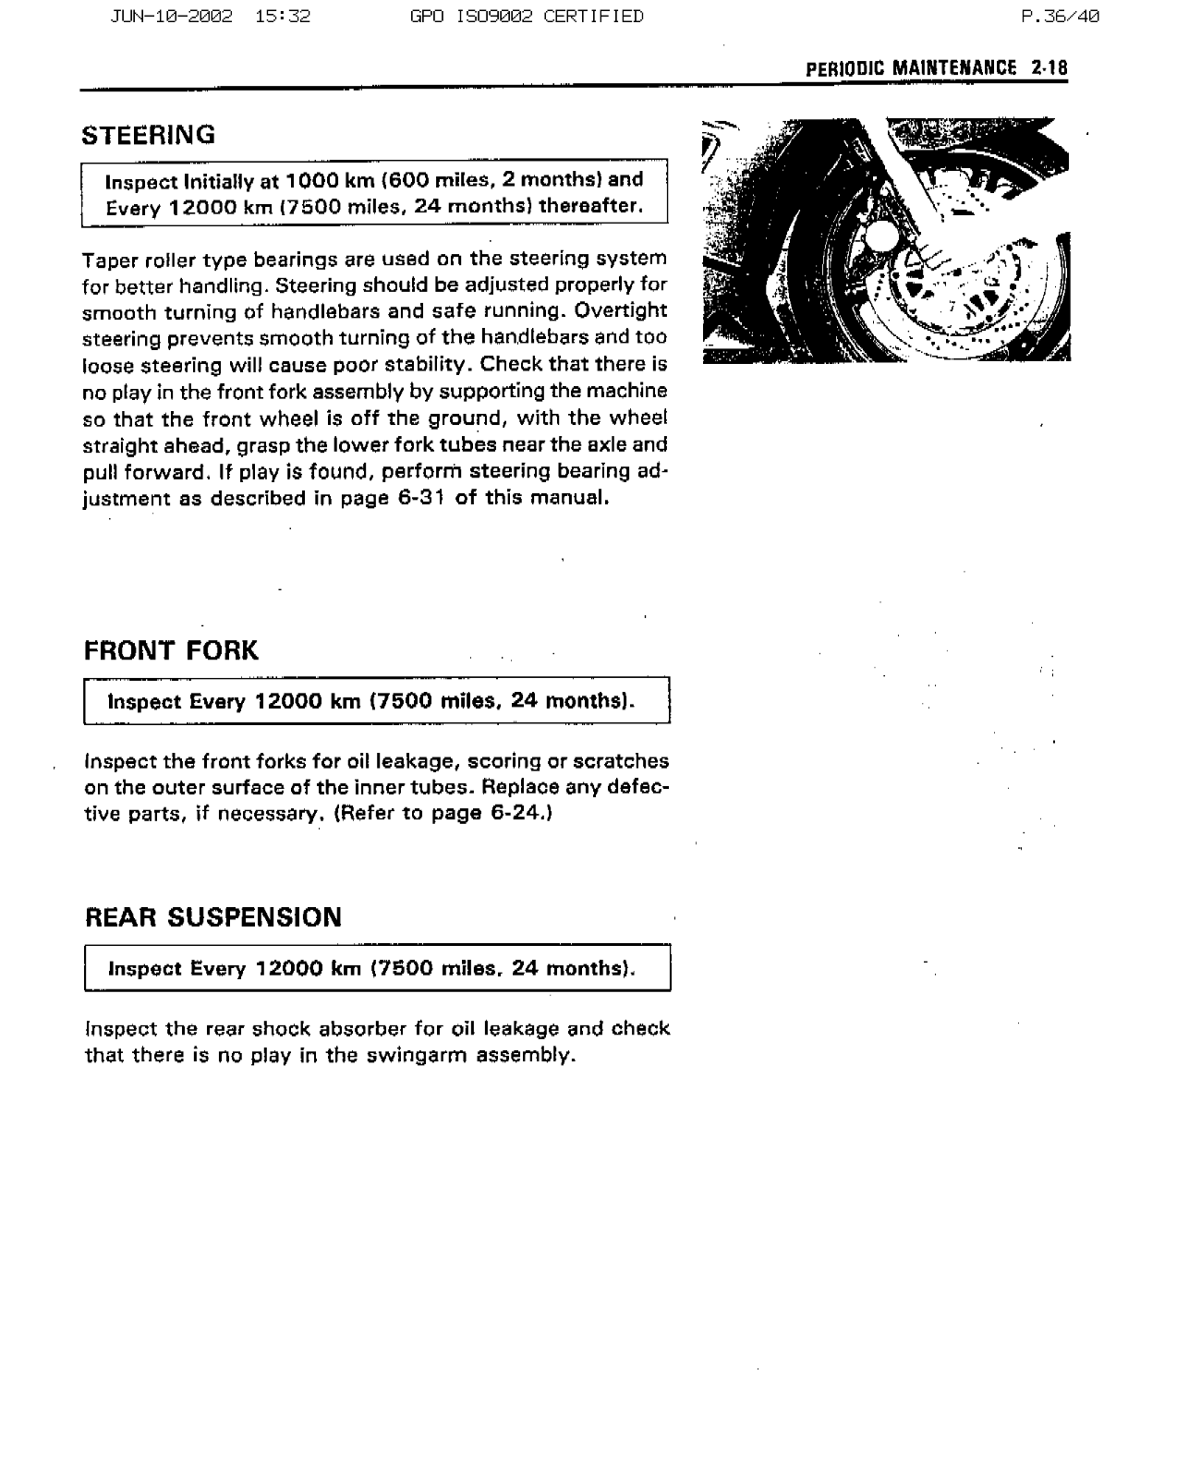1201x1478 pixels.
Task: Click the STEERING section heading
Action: (x=149, y=136)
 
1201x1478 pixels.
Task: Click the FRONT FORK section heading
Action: (x=172, y=651)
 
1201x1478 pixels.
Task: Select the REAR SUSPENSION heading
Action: (x=213, y=918)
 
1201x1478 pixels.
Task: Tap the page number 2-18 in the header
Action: (x=1050, y=68)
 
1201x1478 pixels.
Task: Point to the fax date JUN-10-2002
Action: (x=171, y=16)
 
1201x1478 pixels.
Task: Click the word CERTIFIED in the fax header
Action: (x=593, y=16)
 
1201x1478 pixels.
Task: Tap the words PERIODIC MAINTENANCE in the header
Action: (x=911, y=68)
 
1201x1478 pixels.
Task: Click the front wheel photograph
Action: (x=886, y=240)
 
